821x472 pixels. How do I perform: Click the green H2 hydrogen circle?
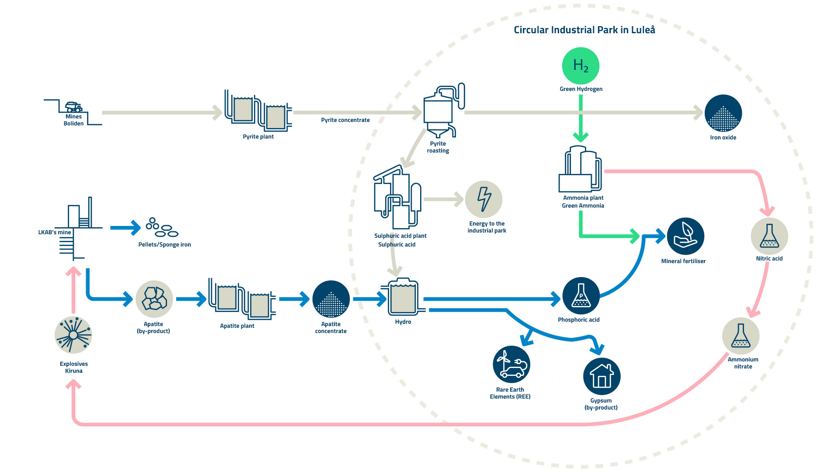(581, 66)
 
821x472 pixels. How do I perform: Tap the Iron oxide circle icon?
(723, 113)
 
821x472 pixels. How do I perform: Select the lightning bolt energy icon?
(484, 199)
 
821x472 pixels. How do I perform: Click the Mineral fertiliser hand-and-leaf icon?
(685, 236)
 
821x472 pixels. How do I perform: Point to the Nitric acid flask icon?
(769, 236)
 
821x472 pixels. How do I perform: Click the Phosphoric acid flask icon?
(581, 296)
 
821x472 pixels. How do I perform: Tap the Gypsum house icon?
(602, 376)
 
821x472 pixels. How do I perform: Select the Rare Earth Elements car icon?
(511, 364)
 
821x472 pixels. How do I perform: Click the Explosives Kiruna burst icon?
(73, 335)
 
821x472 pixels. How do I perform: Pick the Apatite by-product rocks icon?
(154, 299)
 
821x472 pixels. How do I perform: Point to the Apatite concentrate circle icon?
(331, 299)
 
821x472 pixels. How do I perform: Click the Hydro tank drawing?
(403, 297)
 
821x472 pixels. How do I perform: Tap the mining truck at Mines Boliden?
(73, 107)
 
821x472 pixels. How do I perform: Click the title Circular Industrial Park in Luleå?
(584, 30)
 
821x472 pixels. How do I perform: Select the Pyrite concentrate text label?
(345, 120)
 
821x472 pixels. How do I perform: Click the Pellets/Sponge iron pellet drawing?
(162, 228)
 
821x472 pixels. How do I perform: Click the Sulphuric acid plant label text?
(400, 236)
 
